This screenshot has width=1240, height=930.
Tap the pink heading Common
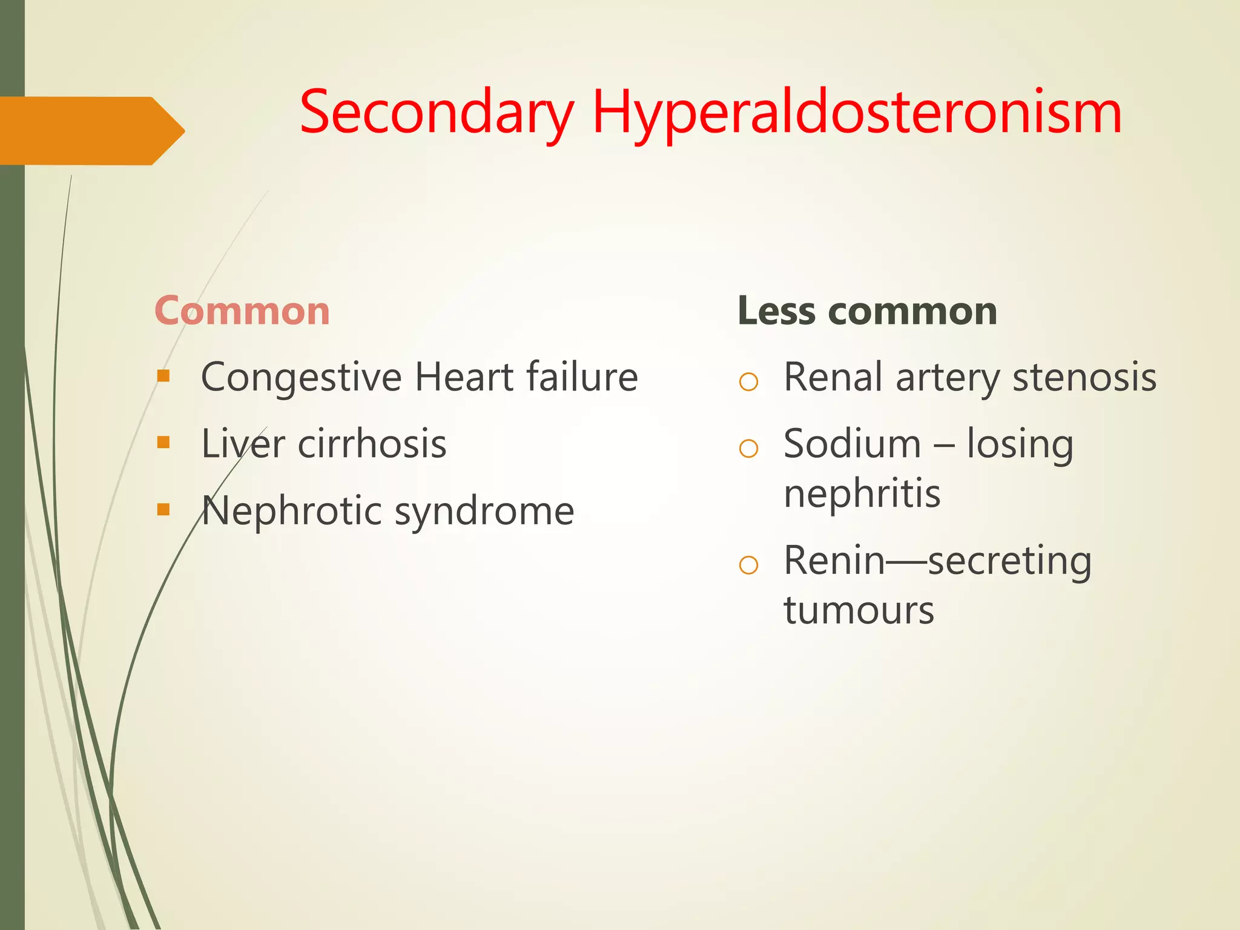click(242, 311)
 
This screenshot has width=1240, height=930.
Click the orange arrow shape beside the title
click(91, 130)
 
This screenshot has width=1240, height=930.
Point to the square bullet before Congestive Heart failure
click(163, 377)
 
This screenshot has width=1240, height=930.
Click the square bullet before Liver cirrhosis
click(163, 443)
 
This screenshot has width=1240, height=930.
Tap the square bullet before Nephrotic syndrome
click(163, 509)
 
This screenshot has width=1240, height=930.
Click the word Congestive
click(301, 378)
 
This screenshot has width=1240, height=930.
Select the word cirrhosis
click(372, 444)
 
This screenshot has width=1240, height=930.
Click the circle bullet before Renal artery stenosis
click(748, 381)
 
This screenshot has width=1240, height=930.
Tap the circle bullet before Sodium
click(748, 448)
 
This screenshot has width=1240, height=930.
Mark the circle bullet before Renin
click(748, 565)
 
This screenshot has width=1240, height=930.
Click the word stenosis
click(1084, 378)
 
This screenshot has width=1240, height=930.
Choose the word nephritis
click(862, 493)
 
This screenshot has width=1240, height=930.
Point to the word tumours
click(859, 610)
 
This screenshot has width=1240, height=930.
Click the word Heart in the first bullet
click(464, 378)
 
